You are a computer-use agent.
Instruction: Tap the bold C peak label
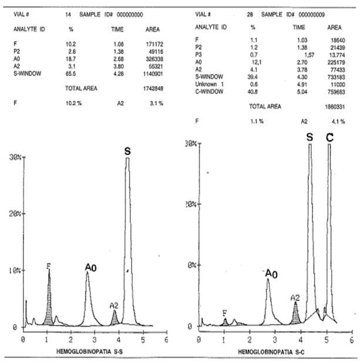click(x=329, y=137)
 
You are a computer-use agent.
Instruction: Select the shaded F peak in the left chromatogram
click(x=49, y=305)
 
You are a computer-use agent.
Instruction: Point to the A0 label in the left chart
click(x=90, y=268)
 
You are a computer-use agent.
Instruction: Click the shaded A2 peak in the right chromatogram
click(x=296, y=314)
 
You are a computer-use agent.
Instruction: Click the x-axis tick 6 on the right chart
click(x=351, y=340)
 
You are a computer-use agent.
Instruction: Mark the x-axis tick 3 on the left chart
click(x=94, y=340)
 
